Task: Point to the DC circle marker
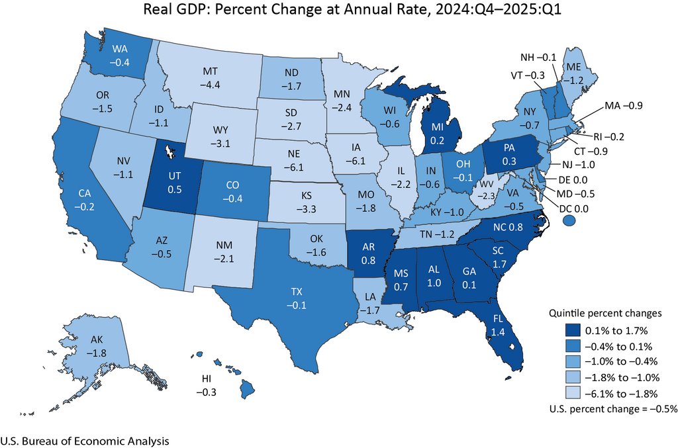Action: (x=569, y=225)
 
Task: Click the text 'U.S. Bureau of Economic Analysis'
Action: (x=85, y=440)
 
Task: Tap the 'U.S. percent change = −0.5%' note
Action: (x=613, y=409)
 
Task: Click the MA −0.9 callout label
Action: (x=622, y=105)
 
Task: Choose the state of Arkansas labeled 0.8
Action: (x=369, y=252)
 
